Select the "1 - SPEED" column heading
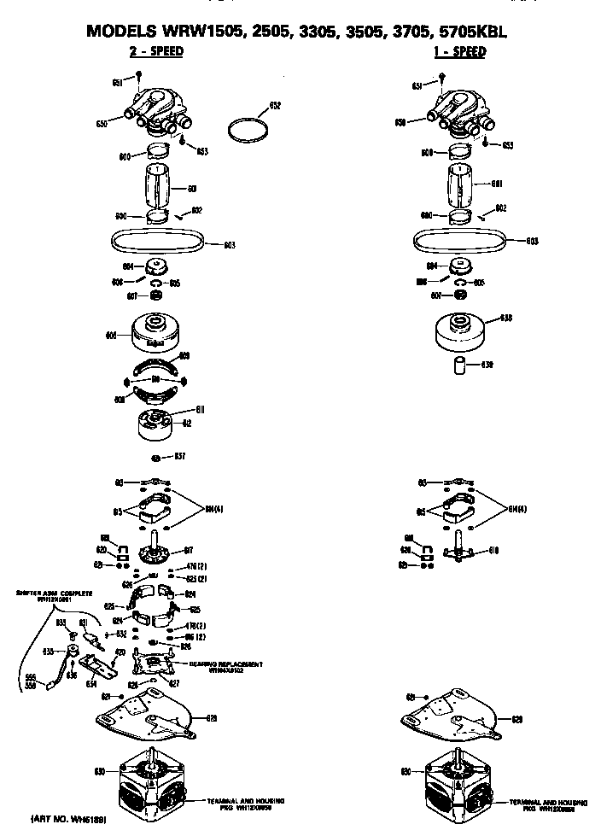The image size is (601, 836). [458, 52]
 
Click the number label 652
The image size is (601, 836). [275, 106]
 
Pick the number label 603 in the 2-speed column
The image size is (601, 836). [230, 245]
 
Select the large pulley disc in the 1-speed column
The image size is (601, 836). [463, 329]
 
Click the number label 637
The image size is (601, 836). [180, 456]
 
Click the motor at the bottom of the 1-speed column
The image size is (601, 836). [461, 781]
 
